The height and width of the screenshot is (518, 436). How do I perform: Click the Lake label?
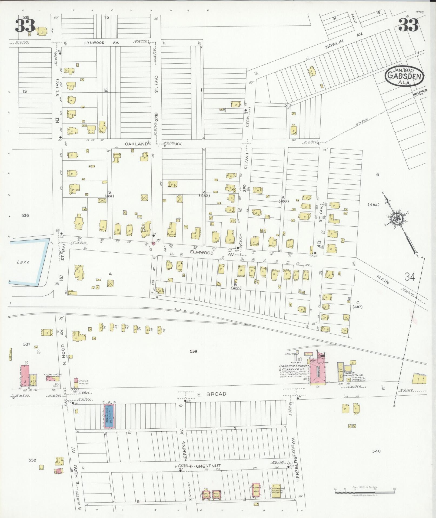23,262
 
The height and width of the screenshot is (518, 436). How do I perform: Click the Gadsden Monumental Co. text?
354,374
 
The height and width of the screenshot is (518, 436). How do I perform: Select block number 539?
193,351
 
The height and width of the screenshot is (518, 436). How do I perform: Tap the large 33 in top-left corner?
25,26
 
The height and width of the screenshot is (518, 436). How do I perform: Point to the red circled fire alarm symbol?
153,243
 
